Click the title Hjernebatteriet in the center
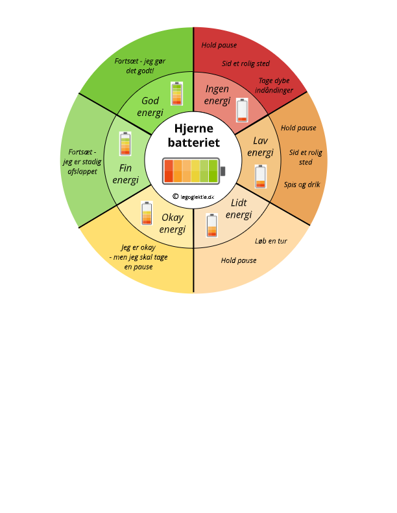click(193, 135)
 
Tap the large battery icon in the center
click(194, 171)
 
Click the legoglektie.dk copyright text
click(193, 197)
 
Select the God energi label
click(150, 106)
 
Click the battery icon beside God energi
click(176, 93)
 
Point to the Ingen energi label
click(217, 95)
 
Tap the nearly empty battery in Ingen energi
click(242, 110)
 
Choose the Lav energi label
click(260, 146)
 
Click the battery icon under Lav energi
click(261, 177)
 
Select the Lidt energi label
click(239, 209)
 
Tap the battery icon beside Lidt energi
click(212, 225)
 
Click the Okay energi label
click(173, 223)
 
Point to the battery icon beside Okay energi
click(147, 213)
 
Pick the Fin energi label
click(125, 174)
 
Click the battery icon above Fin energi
click(125, 144)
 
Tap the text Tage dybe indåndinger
click(274, 85)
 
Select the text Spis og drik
click(302, 185)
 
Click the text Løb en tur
click(271, 241)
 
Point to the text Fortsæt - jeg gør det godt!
click(140, 66)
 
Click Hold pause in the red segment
click(219, 45)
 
